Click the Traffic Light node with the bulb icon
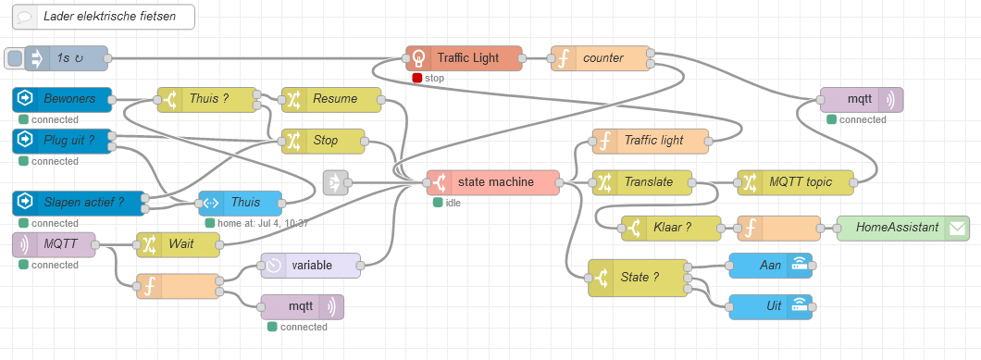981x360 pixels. [464, 58]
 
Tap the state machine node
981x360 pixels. [492, 182]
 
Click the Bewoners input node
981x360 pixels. [62, 100]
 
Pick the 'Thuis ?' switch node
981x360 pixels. [206, 100]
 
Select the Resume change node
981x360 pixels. [331, 100]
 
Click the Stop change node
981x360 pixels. [324, 141]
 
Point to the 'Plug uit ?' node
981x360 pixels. [62, 141]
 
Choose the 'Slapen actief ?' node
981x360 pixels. [79, 204]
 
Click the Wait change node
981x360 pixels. [179, 245]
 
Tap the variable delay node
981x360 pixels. [311, 266]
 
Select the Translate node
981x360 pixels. [642, 182]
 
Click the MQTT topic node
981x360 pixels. [795, 182]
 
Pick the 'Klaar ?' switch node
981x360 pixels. [671, 229]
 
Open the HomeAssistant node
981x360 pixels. [903, 229]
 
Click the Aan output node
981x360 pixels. [771, 266]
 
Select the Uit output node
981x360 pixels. [771, 306]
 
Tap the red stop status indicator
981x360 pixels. [417, 79]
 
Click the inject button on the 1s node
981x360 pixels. [15, 58]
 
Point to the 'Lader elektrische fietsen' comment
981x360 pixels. [104, 17]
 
